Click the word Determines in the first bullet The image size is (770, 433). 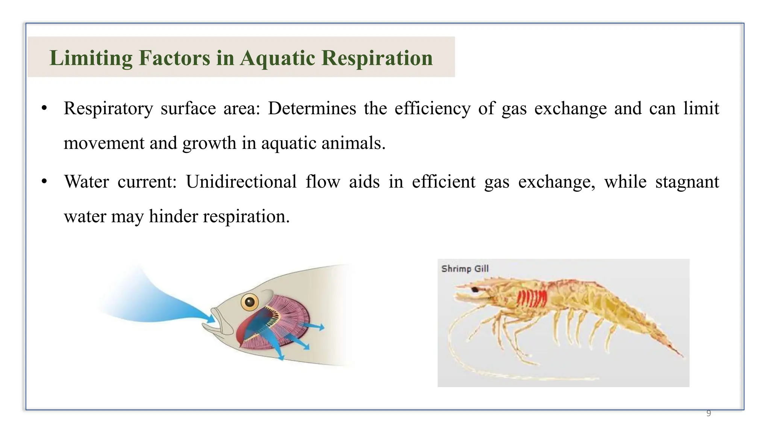click(x=312, y=109)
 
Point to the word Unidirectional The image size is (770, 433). click(x=241, y=182)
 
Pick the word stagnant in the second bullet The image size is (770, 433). click(x=687, y=182)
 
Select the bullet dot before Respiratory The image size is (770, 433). click(x=44, y=108)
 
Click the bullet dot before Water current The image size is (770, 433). click(x=44, y=182)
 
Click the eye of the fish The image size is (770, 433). click(x=250, y=301)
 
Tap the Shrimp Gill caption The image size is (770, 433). click(x=465, y=269)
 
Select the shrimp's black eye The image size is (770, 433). click(x=475, y=289)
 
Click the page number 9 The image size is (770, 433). click(x=708, y=413)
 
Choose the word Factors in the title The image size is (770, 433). click(x=174, y=58)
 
